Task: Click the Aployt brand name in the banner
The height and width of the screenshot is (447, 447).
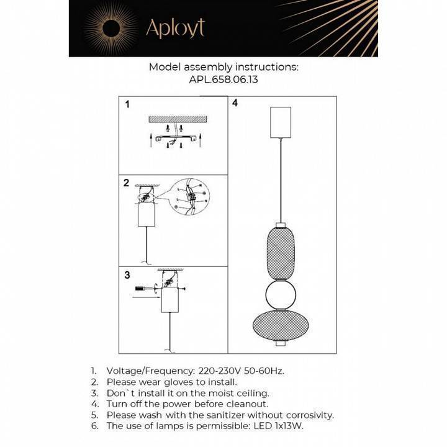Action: pyautogui.click(x=174, y=28)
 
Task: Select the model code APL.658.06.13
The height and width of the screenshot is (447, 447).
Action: pyautogui.click(x=223, y=80)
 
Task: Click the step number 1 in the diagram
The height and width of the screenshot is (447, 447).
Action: pyautogui.click(x=127, y=105)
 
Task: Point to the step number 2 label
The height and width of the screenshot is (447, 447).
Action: pyautogui.click(x=126, y=183)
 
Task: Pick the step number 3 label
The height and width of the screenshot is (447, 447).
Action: pyautogui.click(x=127, y=275)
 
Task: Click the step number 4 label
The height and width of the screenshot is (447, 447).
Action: pyautogui.click(x=235, y=103)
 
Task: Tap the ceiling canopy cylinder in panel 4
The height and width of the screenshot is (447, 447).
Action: pyautogui.click(x=282, y=122)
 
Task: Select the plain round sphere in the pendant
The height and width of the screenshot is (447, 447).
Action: pyautogui.click(x=281, y=294)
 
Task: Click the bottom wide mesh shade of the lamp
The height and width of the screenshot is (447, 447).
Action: pyautogui.click(x=281, y=324)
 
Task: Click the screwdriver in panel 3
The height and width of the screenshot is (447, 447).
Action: pyautogui.click(x=144, y=289)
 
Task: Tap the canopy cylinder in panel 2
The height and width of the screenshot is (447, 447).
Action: pyautogui.click(x=147, y=218)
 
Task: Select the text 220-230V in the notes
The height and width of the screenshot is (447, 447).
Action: pyautogui.click(x=223, y=371)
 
